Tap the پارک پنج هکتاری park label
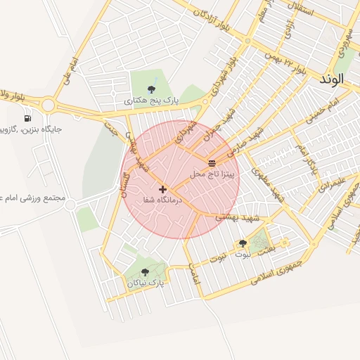pos(152,101)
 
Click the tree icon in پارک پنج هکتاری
pos(152,89)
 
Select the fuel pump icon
pos(27,117)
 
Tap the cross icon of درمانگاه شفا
pos(163,189)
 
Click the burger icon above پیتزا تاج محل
pos(212,163)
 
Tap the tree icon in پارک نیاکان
pos(146,272)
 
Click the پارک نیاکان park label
pos(146,283)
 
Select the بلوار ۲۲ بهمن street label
pos(288,63)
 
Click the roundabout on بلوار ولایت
pos(48,105)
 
